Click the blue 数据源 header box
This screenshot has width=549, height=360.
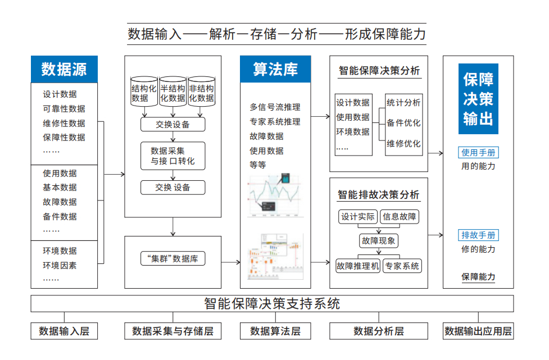(64, 70)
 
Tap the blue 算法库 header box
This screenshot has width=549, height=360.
(275, 70)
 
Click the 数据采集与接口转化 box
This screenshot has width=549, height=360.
(173, 156)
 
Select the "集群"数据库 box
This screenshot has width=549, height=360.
(173, 259)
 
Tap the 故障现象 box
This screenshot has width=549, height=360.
(379, 241)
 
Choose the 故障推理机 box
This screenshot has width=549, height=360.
(358, 266)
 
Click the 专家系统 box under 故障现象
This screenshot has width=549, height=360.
(402, 266)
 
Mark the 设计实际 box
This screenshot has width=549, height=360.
(358, 217)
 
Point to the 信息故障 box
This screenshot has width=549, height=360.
(400, 217)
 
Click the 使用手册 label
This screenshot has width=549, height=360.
(479, 153)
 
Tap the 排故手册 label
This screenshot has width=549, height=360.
(479, 235)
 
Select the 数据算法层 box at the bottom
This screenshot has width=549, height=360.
(275, 331)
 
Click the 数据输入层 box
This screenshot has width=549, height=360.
(64, 331)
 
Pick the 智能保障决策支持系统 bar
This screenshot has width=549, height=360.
(272, 304)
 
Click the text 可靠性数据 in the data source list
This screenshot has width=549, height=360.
(64, 109)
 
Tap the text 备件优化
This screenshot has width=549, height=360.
(403, 123)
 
